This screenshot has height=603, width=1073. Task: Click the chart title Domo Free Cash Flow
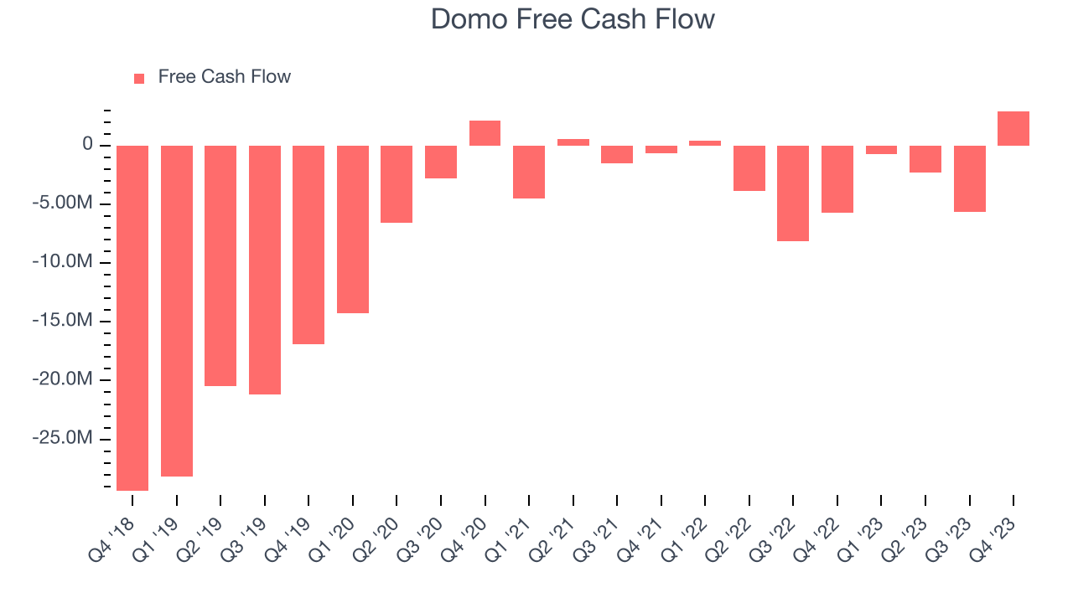(x=573, y=19)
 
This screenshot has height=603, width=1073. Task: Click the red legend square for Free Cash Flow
(x=139, y=78)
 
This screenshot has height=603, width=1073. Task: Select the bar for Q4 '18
(x=132, y=317)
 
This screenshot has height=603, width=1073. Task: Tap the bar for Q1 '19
(x=177, y=311)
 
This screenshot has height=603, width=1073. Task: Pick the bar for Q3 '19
(x=265, y=270)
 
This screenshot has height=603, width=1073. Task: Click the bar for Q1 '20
(x=353, y=229)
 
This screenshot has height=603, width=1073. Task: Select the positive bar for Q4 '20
(x=485, y=133)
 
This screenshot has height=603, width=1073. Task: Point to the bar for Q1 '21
(x=529, y=172)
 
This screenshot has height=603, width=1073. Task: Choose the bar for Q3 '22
(x=793, y=193)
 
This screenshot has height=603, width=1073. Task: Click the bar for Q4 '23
(x=1013, y=129)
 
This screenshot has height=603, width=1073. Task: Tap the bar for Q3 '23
(x=969, y=178)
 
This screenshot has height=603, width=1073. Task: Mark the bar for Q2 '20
(x=397, y=184)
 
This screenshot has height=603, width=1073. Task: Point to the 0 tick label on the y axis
(x=87, y=145)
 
